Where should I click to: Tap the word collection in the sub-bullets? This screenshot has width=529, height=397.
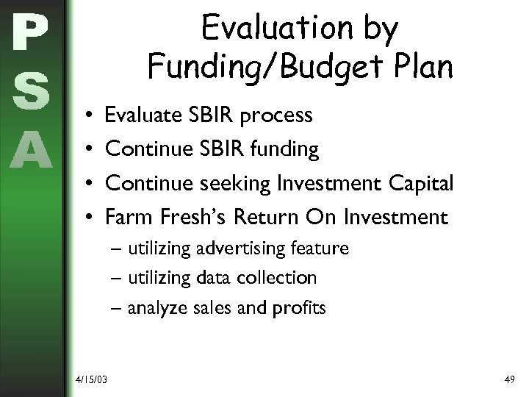pos(280,278)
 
